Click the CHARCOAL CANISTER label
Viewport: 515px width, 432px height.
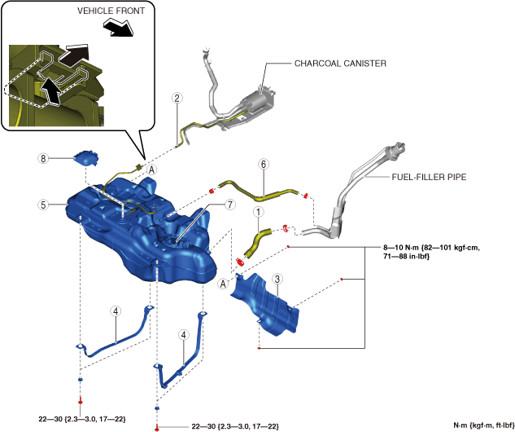340,64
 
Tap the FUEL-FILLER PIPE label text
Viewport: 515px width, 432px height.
429,177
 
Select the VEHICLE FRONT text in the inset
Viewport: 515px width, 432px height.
111,11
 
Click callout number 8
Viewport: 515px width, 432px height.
43,159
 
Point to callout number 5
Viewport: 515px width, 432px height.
43,205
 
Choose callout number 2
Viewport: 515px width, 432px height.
177,98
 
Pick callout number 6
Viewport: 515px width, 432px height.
264,164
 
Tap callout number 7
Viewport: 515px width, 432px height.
230,205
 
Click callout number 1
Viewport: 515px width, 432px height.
259,212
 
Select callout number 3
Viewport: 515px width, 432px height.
277,280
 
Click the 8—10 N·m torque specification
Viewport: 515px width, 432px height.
431,252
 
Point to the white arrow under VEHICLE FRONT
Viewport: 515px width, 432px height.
119,28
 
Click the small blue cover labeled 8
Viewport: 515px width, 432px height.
86,158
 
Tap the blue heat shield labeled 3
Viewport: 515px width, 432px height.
265,304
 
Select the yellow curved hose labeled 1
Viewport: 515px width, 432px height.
257,243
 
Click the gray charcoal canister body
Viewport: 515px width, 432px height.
258,99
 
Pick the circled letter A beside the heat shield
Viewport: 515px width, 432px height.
224,284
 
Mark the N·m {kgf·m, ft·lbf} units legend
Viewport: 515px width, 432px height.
484,425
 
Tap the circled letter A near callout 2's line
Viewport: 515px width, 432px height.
152,170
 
